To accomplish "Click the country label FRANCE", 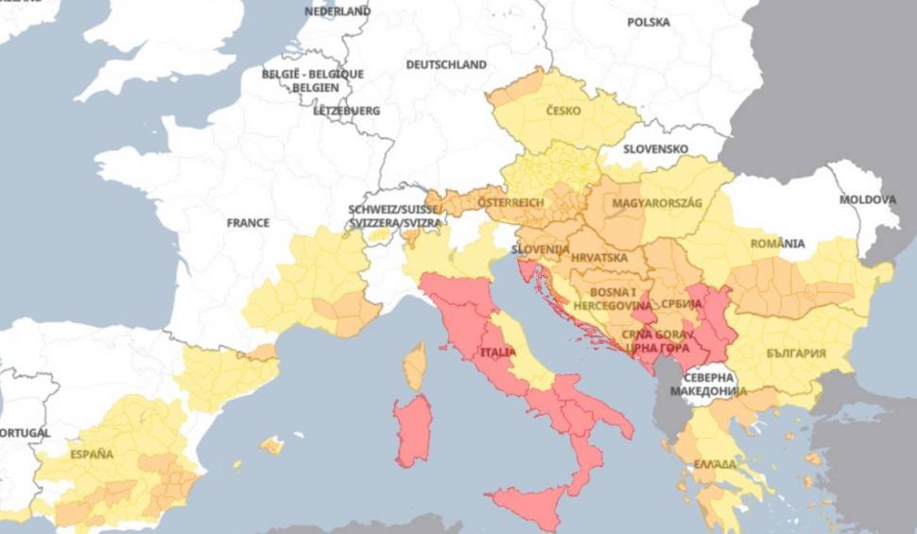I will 248,223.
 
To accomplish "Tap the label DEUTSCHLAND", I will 446,65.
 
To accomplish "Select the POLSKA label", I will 648,22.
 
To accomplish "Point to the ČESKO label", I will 564,111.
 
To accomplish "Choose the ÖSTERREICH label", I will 510,203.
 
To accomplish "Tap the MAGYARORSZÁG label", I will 657,203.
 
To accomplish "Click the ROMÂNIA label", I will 777,244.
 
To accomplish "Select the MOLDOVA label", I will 867,200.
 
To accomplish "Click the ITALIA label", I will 499,353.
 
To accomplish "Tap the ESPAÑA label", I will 91,455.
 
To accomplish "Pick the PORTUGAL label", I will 25,433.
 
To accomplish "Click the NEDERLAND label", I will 337,11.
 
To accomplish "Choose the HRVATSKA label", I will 599,257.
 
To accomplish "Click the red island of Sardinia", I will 413,430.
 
